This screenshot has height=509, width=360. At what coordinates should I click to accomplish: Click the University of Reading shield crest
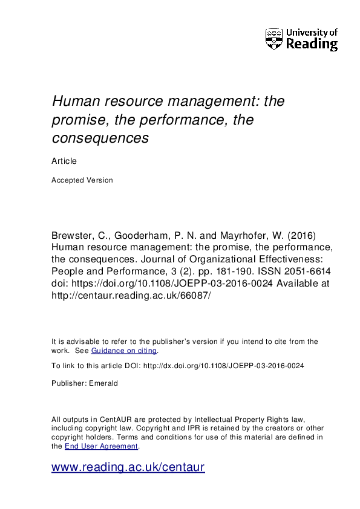pos(274,39)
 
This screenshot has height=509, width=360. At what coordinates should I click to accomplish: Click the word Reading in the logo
pos(312,44)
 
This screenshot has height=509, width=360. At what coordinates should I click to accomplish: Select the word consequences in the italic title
pos(100,138)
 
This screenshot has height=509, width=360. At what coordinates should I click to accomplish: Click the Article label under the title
pos(64,161)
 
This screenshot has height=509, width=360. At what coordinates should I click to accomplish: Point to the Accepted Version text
pos(82,180)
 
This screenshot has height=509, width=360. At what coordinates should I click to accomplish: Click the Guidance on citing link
pos(124,351)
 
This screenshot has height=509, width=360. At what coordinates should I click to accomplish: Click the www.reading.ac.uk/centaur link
pos(128,467)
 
